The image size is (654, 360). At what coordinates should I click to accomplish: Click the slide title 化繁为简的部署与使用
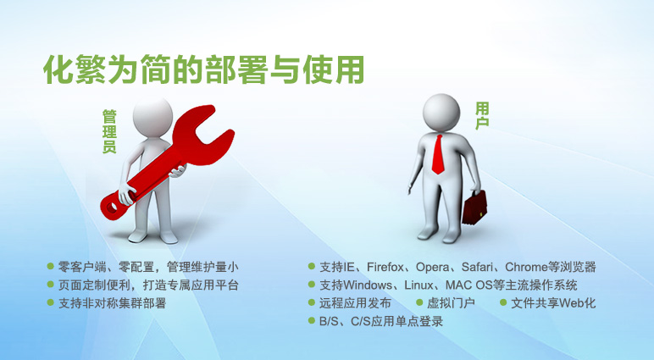tap(204, 69)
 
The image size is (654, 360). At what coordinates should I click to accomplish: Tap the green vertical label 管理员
tap(109, 131)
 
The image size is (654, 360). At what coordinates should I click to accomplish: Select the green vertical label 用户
tap(482, 116)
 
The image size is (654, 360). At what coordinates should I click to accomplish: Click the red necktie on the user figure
tap(438, 154)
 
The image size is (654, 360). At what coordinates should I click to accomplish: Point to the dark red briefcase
tap(474, 208)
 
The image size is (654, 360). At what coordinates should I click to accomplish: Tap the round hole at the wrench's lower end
tap(112, 207)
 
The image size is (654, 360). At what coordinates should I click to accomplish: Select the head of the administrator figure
tap(152, 117)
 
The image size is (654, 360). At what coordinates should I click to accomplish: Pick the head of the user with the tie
tap(441, 112)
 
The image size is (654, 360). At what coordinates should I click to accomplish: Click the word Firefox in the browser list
tap(385, 267)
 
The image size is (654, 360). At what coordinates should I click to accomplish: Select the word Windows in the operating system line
tap(368, 285)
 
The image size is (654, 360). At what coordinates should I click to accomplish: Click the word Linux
tap(418, 285)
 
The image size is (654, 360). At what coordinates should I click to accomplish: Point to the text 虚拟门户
tap(451, 303)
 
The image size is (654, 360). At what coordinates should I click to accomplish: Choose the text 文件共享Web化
tap(553, 303)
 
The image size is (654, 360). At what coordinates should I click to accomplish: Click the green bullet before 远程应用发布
tap(311, 302)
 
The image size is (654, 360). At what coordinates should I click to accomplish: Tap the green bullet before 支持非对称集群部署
tap(51, 302)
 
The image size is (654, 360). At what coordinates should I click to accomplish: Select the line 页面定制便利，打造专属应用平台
tap(148, 285)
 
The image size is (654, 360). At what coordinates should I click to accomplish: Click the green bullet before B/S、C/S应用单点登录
tap(311, 320)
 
